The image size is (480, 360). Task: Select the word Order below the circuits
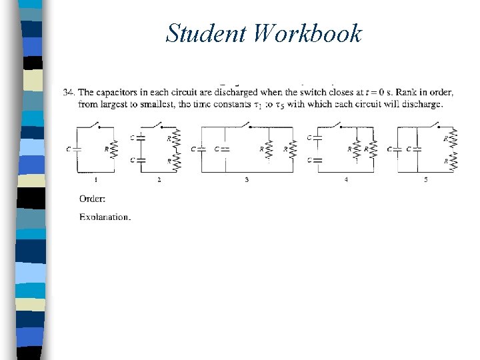(92, 198)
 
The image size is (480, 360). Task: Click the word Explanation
(105, 217)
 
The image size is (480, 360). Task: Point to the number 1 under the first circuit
(96, 180)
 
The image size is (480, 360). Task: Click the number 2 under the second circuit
(159, 180)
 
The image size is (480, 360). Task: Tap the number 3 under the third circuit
(247, 180)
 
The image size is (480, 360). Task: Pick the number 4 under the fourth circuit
(346, 180)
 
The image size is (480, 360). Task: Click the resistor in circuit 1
(114, 149)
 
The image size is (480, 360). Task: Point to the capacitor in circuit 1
(77, 149)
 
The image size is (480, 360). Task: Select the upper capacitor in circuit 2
(141, 137)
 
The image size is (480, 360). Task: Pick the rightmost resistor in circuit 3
(293, 149)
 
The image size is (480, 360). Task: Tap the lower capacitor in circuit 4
(317, 160)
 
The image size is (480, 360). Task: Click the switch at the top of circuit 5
(436, 125)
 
